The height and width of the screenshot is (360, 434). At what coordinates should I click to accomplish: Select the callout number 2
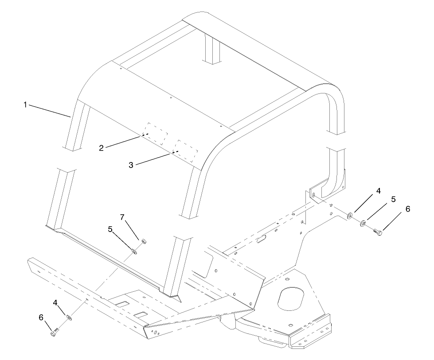pos(102,148)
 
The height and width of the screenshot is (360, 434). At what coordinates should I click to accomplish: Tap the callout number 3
pos(131,165)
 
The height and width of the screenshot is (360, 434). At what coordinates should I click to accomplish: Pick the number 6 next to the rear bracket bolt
pos(408,209)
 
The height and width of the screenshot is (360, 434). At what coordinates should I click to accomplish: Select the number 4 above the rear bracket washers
pos(378,191)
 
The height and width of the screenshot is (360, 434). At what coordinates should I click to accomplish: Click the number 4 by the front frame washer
pos(55,303)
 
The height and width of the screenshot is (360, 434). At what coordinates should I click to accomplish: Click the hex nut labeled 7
pos(144,241)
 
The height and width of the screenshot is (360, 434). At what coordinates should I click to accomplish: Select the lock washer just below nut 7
pos(135,252)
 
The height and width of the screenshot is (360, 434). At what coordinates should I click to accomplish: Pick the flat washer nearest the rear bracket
pos(350,216)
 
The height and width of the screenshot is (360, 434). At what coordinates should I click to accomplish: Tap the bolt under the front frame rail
pos(55,331)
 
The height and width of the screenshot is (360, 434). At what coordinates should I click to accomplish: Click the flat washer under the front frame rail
pos(69,317)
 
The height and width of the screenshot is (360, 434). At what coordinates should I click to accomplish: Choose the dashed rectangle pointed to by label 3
pos(187,151)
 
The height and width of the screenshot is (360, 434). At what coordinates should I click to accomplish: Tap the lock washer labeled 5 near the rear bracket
pos(363,223)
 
